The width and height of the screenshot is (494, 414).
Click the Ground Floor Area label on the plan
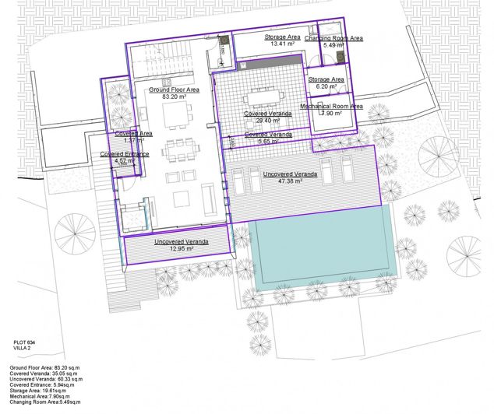click(175, 90)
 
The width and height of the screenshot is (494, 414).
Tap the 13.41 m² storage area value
click(282, 44)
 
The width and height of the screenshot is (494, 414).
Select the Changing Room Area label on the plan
click(333, 38)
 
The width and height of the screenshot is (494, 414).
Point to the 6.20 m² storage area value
click(326, 88)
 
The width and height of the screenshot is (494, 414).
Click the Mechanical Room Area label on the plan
click(331, 106)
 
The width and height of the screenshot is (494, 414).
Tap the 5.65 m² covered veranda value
click(267, 142)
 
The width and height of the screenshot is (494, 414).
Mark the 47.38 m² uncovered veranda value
click(290, 181)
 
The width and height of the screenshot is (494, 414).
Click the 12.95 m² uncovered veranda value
click(181, 250)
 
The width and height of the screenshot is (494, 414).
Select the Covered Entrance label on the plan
click(125, 154)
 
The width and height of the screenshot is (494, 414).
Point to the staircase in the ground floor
click(167, 58)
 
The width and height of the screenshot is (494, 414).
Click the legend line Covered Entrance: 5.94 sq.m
click(42, 384)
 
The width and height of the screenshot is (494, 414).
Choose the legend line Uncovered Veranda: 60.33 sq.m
click(46, 378)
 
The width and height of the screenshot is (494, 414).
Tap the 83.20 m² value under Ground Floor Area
click(175, 98)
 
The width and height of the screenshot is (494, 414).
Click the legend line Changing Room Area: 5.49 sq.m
click(46, 402)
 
